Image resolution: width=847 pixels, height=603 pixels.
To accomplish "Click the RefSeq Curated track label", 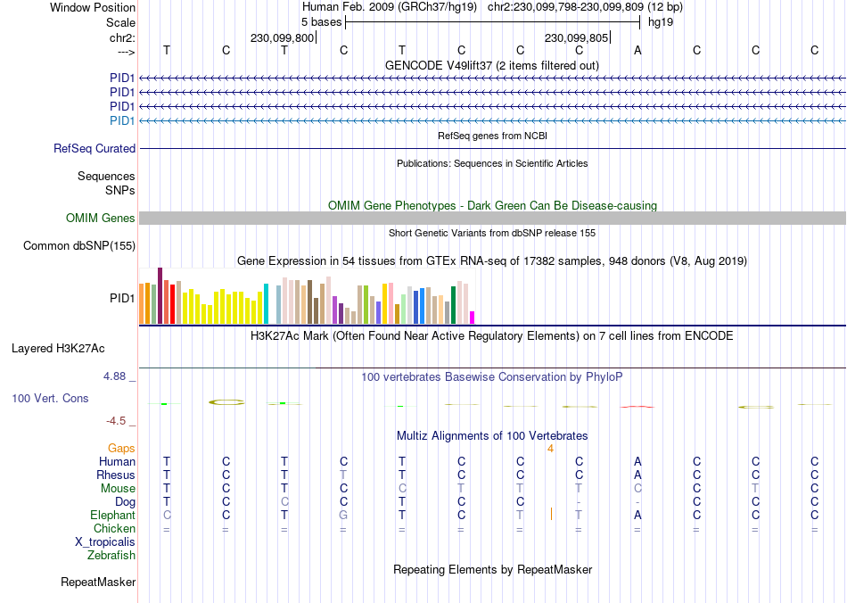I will click(95, 149).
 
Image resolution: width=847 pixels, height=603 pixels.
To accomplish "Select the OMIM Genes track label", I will click(101, 219).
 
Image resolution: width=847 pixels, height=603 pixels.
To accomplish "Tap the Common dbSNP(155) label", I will click(79, 246).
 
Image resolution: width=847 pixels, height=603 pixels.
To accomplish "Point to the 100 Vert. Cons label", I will click(50, 398).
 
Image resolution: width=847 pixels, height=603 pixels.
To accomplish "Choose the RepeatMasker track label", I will click(98, 582).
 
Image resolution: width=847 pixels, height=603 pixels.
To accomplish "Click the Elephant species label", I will click(112, 516).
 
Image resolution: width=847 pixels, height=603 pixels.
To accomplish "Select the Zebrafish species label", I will click(111, 556).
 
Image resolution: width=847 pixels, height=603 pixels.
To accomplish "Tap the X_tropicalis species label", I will click(105, 542).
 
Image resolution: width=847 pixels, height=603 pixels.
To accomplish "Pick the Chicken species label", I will click(114, 529).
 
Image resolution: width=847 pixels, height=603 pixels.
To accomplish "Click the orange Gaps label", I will click(121, 448).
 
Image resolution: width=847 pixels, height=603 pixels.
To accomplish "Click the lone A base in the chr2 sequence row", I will click(637, 50).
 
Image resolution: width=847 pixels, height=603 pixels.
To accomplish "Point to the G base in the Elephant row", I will click(343, 516).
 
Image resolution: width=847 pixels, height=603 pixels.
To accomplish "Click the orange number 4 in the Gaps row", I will click(551, 448).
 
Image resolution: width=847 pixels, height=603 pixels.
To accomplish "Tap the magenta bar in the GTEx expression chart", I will click(473, 318).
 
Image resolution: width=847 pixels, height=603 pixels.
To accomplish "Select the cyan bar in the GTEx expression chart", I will click(266, 304).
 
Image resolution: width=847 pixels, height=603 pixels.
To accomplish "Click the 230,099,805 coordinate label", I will click(577, 38).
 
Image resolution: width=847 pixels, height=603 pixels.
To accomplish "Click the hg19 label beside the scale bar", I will click(660, 21).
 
